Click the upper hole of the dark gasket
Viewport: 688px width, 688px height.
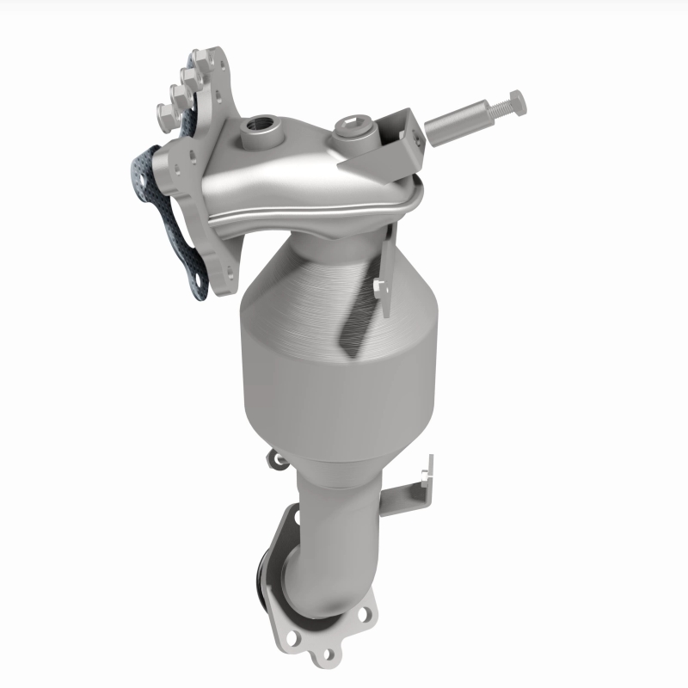tap(138, 181)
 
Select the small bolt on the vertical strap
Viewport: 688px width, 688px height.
tap(379, 286)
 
